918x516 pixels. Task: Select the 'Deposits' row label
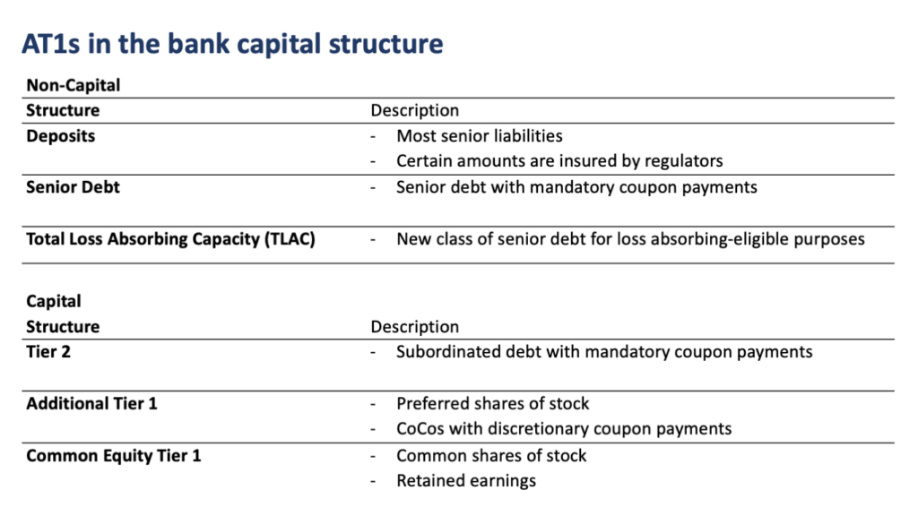tap(60, 136)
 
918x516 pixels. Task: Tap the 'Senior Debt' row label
tap(73, 187)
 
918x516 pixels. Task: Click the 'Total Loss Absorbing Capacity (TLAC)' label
tap(170, 239)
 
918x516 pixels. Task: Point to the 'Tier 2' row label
tap(48, 351)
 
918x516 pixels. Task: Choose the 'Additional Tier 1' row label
tap(91, 403)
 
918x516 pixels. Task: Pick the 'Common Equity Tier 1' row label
tap(113, 455)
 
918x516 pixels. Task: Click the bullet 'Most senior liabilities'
tap(480, 136)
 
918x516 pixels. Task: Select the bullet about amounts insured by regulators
tap(559, 161)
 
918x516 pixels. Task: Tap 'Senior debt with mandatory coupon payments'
tap(576, 187)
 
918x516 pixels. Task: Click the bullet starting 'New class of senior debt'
tap(630, 239)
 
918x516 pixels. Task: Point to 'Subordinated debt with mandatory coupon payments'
tap(604, 351)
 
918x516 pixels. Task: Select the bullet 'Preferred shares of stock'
tap(493, 403)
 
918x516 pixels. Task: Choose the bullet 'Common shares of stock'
tap(491, 455)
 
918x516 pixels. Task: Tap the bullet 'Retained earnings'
tap(466, 480)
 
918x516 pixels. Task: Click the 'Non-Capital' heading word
tap(73, 85)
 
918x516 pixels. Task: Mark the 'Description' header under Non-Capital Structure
tap(414, 110)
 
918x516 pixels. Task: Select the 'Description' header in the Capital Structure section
tap(414, 327)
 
